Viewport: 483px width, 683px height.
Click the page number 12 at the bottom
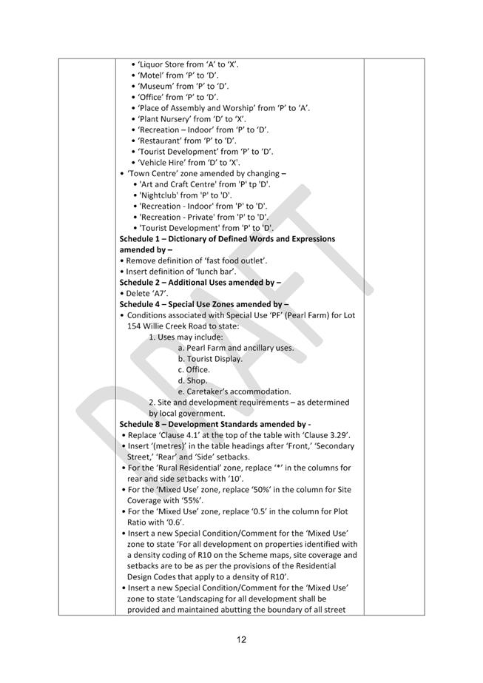click(x=241, y=640)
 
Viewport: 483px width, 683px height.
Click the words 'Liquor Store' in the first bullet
click(x=162, y=64)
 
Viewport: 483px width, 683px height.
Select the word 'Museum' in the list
click(x=158, y=86)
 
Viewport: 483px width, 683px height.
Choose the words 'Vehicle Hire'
click(x=165, y=162)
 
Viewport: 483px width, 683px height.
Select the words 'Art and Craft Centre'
click(x=180, y=184)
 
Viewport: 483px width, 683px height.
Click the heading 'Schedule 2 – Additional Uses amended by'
click(x=200, y=282)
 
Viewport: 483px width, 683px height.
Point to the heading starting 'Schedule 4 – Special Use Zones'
click(x=203, y=304)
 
